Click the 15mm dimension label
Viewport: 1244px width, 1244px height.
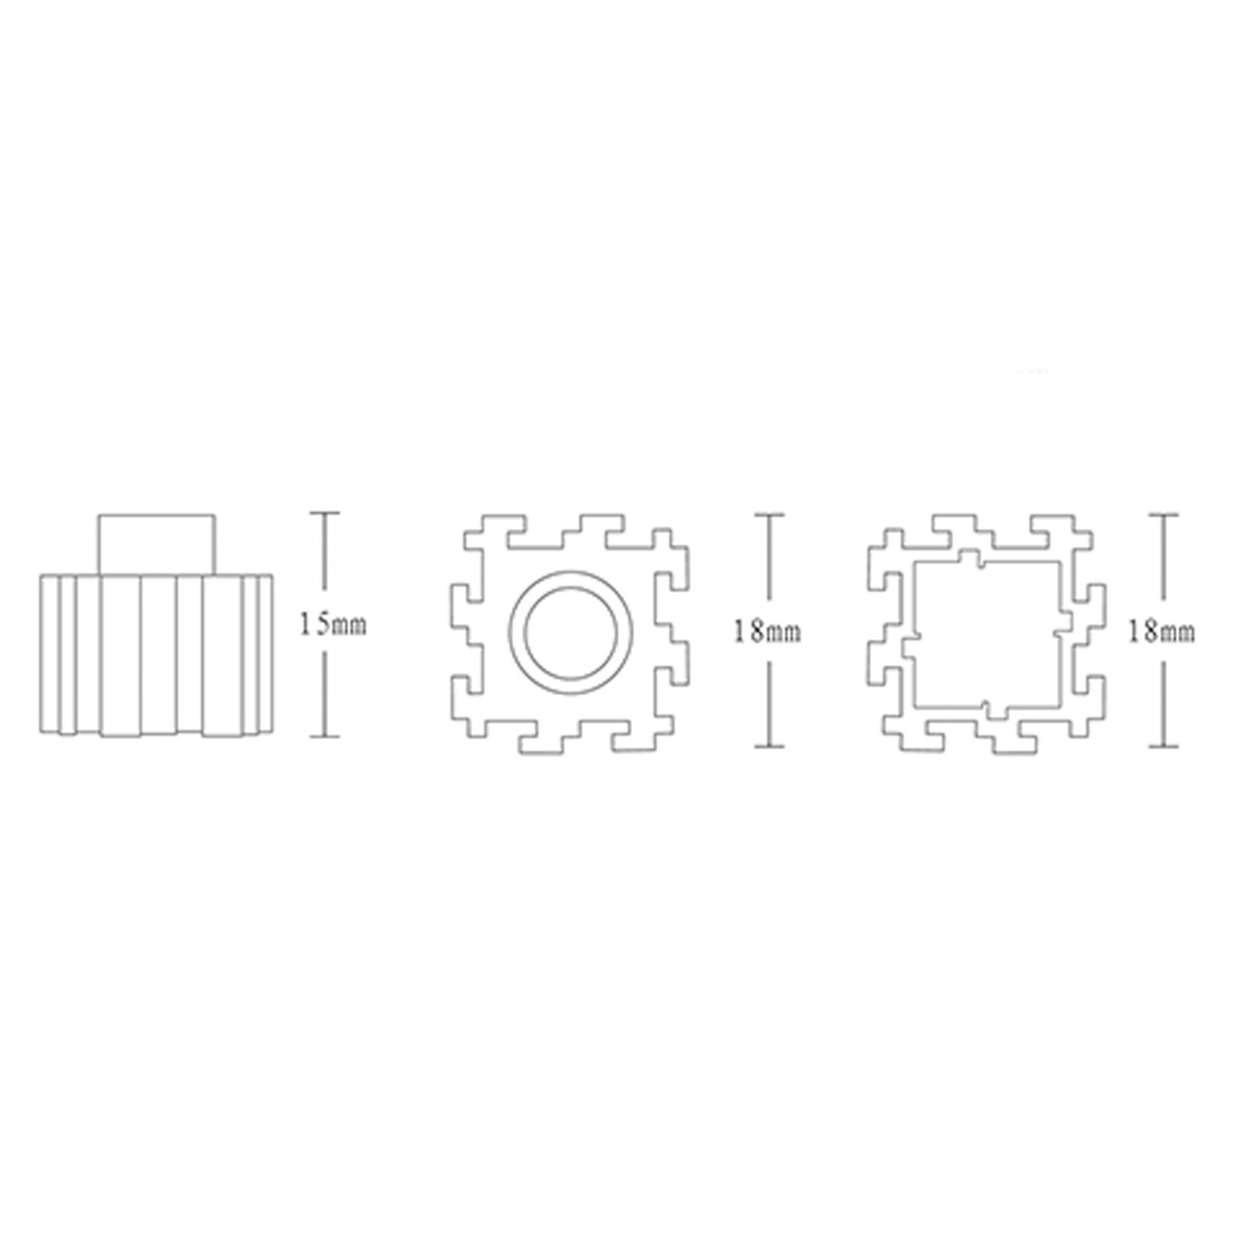[333, 624]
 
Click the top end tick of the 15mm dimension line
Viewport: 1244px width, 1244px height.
[325, 513]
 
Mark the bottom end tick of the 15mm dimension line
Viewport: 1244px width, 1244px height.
[325, 736]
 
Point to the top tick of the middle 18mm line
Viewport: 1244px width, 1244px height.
[770, 514]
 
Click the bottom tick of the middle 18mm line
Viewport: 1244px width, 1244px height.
[770, 747]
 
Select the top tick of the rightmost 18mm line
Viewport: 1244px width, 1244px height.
[1163, 514]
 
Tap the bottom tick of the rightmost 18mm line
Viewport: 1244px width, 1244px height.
[1163, 747]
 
